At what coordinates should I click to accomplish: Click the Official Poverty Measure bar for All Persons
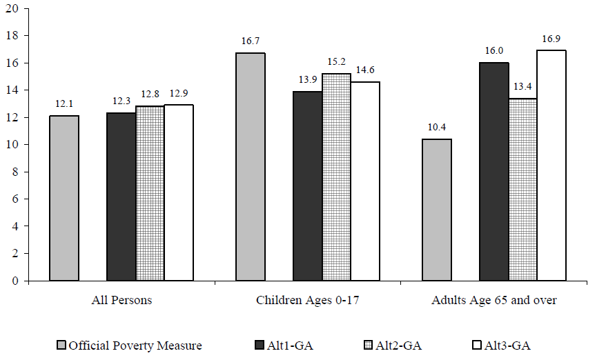(x=64, y=199)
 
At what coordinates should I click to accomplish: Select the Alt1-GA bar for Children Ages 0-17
(x=308, y=186)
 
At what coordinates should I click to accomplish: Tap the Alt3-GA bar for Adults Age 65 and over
(x=551, y=166)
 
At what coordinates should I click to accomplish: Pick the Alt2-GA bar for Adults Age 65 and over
(x=522, y=190)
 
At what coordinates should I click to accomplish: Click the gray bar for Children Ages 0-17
(x=251, y=167)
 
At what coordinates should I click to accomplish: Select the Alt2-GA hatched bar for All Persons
(x=150, y=194)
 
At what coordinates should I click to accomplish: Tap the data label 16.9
(x=551, y=39)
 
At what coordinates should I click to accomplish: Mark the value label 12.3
(x=121, y=102)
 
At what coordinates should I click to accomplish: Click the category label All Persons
(x=121, y=301)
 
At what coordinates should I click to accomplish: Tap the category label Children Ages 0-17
(x=307, y=301)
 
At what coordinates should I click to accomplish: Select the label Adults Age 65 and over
(x=493, y=301)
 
